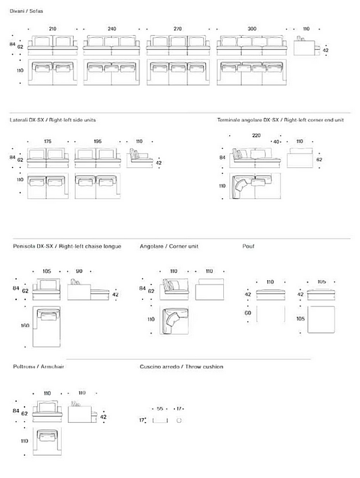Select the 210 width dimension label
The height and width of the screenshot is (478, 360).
[x=53, y=29]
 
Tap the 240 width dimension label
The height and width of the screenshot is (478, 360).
[x=112, y=29]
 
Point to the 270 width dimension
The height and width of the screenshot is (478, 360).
[x=178, y=29]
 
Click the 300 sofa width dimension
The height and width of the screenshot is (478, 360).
[x=251, y=29]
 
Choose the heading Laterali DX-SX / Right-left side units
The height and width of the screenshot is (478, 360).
[x=53, y=120]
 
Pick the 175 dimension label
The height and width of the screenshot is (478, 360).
[x=47, y=142]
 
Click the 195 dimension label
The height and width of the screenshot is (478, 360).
[x=97, y=142]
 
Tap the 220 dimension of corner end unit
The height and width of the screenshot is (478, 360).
[x=256, y=136]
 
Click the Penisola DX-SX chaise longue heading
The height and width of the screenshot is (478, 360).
[x=67, y=246]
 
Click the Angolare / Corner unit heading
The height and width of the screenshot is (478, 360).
[x=169, y=246]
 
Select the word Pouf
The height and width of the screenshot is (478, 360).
[x=248, y=246]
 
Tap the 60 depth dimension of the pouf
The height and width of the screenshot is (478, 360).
[x=248, y=313]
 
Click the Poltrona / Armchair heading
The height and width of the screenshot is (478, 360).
[x=38, y=366]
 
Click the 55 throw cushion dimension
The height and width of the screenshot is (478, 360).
[x=160, y=408]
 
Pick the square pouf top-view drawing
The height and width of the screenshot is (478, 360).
[x=321, y=319]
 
